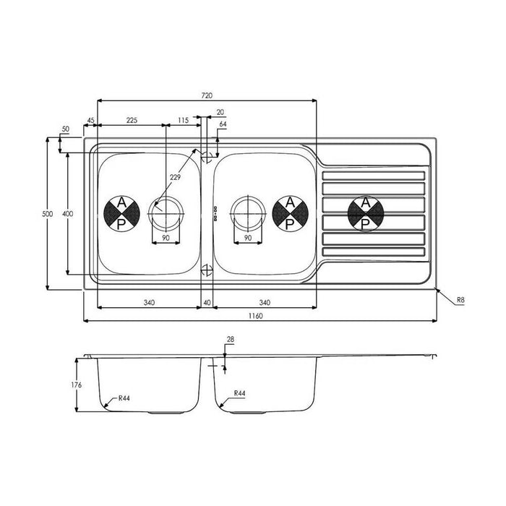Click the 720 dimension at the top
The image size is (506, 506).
(x=207, y=95)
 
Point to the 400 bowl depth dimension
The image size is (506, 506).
(x=66, y=215)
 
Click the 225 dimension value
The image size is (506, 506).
(x=132, y=120)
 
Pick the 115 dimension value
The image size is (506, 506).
(x=182, y=120)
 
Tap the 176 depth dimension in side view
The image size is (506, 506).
(x=77, y=385)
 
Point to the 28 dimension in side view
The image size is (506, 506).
(x=231, y=339)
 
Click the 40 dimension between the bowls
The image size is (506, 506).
(x=207, y=302)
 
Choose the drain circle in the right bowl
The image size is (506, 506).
(x=248, y=213)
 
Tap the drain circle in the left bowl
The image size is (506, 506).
(x=166, y=213)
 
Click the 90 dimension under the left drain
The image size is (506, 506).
(x=166, y=238)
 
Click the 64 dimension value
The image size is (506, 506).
(x=223, y=125)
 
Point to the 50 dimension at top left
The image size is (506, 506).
(x=66, y=129)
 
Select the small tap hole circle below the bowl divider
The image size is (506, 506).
(x=207, y=271)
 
